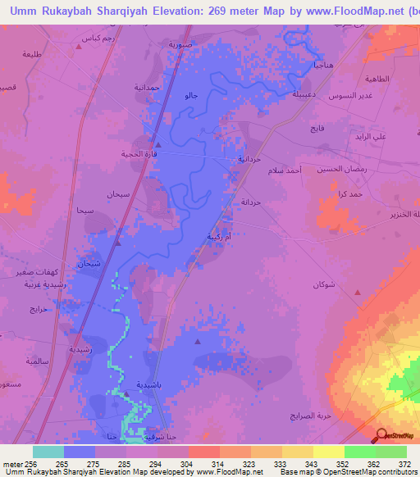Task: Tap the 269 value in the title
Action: (x=218, y=11)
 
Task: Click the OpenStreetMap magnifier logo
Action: (x=381, y=435)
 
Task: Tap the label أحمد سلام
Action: (x=285, y=170)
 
